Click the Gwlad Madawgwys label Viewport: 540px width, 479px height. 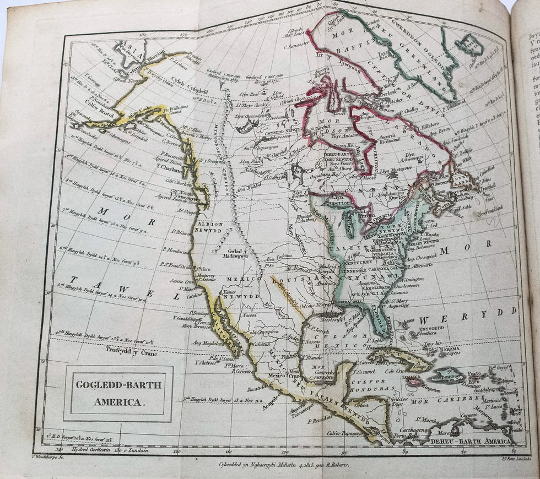(x=236, y=253)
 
